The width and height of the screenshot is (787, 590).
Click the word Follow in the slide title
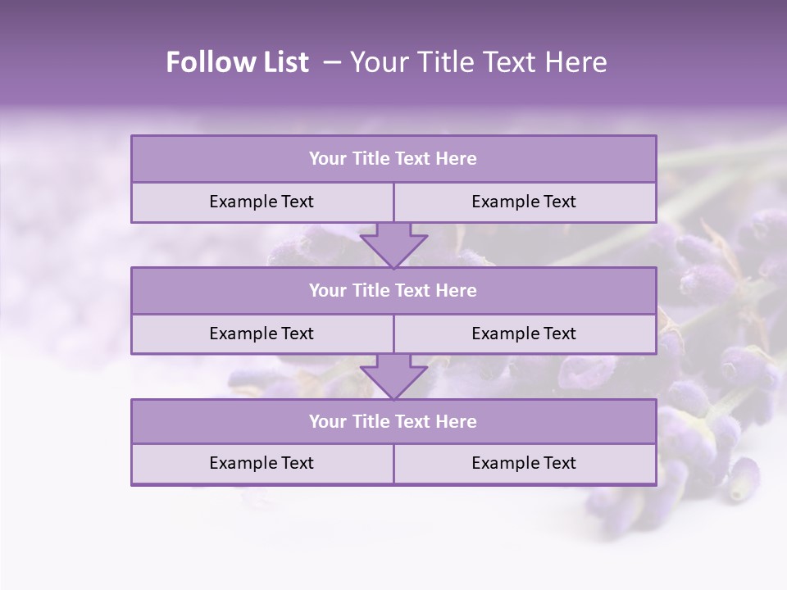(202, 62)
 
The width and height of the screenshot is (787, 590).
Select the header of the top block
(393, 159)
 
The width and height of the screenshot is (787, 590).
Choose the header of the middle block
(393, 291)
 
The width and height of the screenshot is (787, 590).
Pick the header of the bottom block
(393, 422)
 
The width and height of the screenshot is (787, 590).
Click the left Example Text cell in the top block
(262, 202)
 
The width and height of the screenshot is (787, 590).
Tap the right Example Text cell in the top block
(525, 202)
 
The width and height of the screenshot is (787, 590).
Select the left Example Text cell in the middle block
(262, 334)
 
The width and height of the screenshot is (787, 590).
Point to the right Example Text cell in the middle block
(525, 334)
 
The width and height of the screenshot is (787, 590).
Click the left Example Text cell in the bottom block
(262, 464)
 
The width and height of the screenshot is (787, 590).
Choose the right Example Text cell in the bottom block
(525, 464)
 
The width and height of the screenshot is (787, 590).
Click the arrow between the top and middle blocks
(393, 245)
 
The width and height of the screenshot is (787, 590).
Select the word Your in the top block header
(328, 159)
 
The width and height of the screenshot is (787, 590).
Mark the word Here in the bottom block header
(457, 422)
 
